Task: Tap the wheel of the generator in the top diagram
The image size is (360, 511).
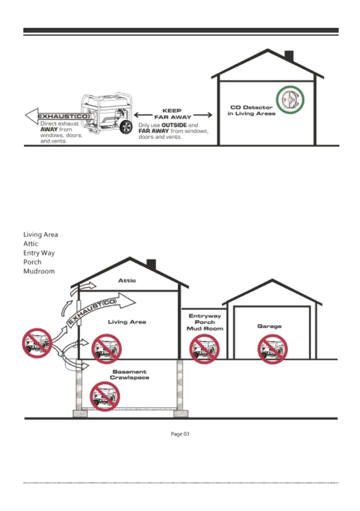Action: pyautogui.click(x=127, y=128)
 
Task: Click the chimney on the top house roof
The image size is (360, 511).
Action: pyautogui.click(x=289, y=57)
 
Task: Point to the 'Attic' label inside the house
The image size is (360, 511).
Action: pyautogui.click(x=127, y=281)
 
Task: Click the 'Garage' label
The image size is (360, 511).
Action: pyautogui.click(x=269, y=326)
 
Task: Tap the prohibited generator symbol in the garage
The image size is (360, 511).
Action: pyautogui.click(x=271, y=349)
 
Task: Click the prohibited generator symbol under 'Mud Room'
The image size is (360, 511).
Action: pyautogui.click(x=204, y=349)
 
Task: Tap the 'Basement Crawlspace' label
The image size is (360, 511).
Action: pyautogui.click(x=130, y=375)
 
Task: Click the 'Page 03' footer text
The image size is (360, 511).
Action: pyautogui.click(x=180, y=434)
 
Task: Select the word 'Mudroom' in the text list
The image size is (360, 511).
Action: pyautogui.click(x=39, y=271)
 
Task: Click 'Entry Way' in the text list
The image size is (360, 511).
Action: pyautogui.click(x=39, y=253)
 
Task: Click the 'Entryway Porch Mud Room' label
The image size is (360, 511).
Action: pyautogui.click(x=205, y=322)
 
